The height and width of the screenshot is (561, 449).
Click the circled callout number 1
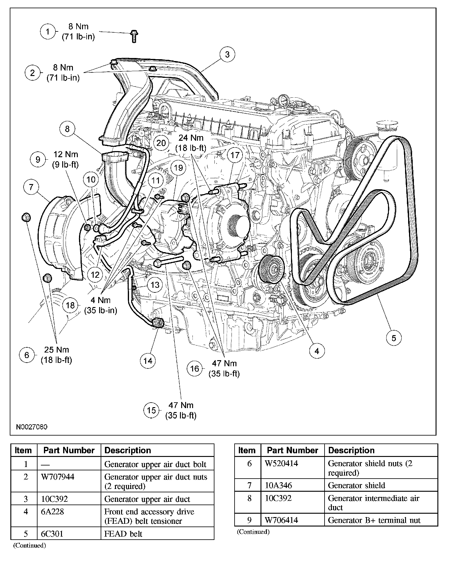[48, 31]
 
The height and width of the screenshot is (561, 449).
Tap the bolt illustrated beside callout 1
[134, 36]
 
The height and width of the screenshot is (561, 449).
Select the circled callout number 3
[227, 55]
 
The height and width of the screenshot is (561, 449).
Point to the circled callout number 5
[394, 338]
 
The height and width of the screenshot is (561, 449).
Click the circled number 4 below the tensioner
[317, 351]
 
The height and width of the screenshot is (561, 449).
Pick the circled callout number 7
[31, 187]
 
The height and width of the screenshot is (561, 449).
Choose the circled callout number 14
[148, 361]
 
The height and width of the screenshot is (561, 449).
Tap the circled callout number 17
[235, 155]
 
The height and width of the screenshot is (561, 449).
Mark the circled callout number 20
[161, 143]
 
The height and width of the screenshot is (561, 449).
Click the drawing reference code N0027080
[32, 427]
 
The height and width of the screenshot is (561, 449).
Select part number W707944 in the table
[57, 477]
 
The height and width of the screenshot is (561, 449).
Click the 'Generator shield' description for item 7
[356, 485]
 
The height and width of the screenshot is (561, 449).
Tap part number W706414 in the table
[281, 520]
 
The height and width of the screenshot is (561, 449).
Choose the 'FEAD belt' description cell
[123, 534]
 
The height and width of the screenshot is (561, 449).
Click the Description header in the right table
[351, 451]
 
